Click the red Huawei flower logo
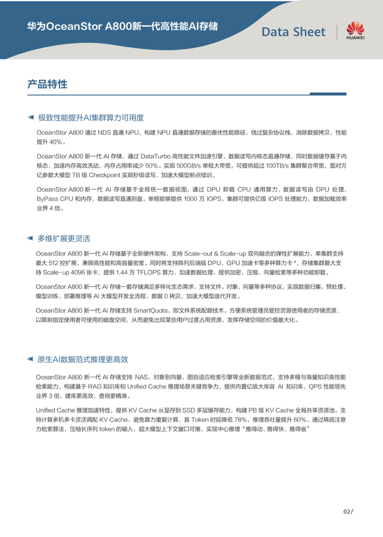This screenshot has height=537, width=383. [x=356, y=28]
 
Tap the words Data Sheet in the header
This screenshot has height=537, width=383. [x=293, y=32]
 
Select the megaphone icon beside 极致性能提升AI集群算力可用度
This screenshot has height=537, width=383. [x=30, y=118]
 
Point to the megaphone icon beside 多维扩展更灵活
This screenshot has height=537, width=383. [x=30, y=239]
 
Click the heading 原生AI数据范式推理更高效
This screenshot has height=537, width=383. [x=83, y=359]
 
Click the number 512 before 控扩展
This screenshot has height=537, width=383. [x=60, y=263]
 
